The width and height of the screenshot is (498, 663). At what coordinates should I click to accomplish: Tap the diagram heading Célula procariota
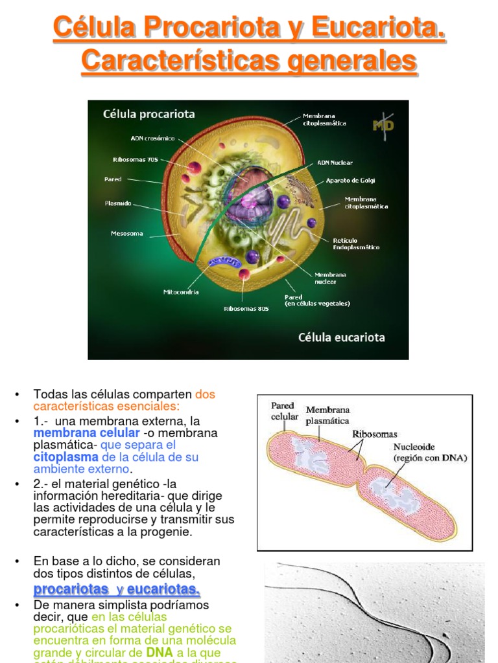[x=148, y=114]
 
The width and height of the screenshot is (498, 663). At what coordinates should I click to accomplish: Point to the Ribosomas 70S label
[x=136, y=159]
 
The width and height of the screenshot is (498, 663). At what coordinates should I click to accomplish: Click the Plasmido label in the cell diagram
[x=118, y=203]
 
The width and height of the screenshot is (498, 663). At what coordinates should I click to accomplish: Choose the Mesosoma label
[x=127, y=233]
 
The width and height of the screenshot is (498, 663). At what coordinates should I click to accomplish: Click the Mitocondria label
[x=181, y=292]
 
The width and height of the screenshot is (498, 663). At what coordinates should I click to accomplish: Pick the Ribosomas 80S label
[x=246, y=309]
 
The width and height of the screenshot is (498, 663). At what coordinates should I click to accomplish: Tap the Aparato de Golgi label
[x=350, y=180]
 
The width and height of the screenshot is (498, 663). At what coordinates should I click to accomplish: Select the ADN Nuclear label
[x=335, y=163]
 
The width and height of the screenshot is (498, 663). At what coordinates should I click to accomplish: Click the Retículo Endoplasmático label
[x=357, y=243]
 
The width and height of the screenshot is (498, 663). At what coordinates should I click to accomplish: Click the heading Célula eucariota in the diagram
[x=341, y=337]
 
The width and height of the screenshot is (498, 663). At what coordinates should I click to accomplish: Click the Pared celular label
[x=284, y=411]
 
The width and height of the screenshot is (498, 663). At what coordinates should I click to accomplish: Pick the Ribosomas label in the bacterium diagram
[x=375, y=434]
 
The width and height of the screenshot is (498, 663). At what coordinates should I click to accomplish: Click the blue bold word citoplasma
[x=65, y=457]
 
